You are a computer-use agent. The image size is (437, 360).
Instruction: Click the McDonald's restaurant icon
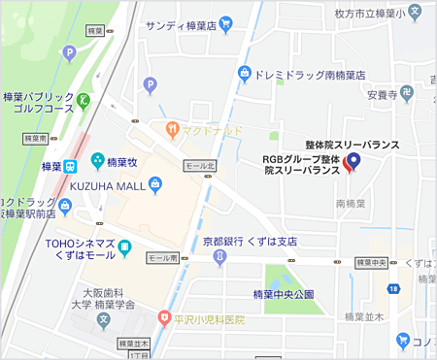coord(171,127)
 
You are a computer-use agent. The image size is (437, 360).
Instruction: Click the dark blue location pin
coord(354,161)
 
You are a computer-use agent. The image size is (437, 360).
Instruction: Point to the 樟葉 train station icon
coord(72,166)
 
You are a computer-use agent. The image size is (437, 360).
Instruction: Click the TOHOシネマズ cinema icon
coord(125,250)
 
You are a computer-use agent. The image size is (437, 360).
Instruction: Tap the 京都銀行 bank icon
coord(219,254)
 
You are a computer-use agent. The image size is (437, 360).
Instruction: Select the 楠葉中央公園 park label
coord(284,294)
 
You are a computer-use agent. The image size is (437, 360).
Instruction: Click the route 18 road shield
coord(393,289)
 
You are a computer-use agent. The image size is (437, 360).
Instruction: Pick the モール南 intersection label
coord(162,258)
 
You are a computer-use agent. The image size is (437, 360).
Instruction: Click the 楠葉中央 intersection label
coord(372,262)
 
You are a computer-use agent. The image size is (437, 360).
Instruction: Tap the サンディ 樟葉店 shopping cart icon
coord(225,25)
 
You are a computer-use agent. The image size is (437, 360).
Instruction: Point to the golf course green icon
coord(85,99)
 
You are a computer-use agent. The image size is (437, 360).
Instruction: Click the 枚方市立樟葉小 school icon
coord(416,16)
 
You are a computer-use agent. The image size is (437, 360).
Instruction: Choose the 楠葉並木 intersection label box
coord(134,344)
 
